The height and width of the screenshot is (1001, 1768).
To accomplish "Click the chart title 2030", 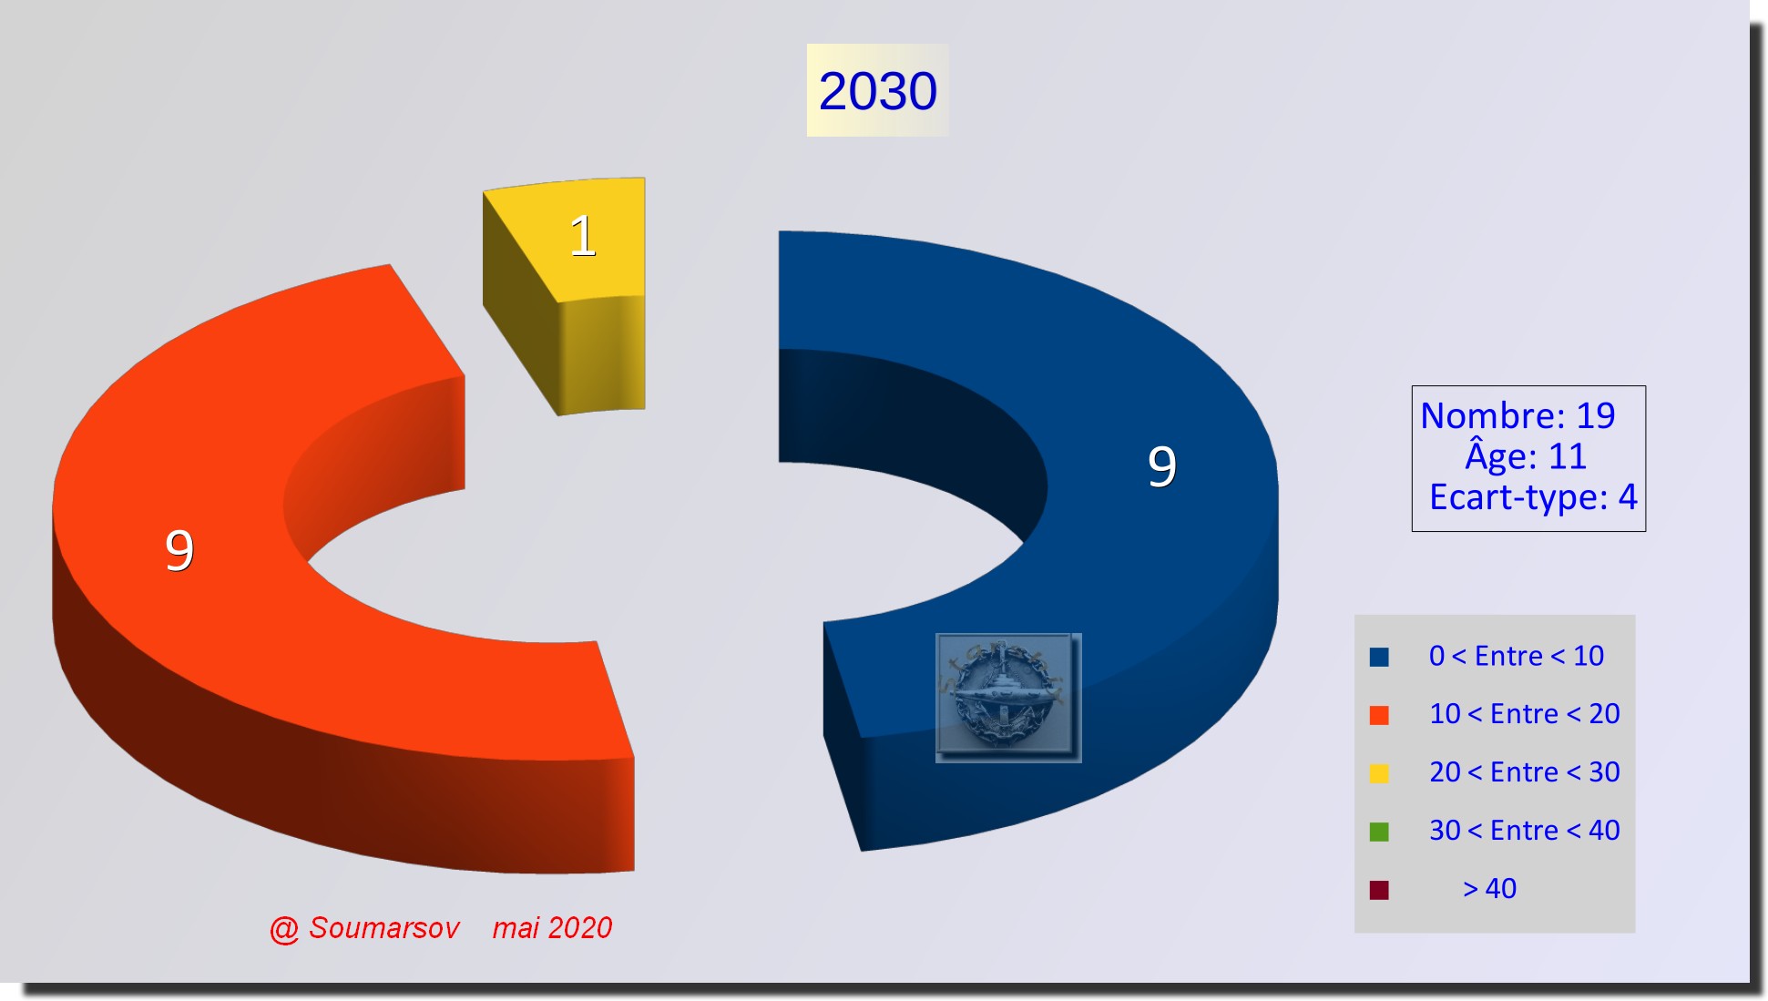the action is point(877,91).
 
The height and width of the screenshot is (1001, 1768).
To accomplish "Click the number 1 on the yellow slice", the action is point(583,236).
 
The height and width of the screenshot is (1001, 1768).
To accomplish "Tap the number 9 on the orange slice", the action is point(179,550).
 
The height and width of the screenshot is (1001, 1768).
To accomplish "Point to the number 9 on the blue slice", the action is point(1162,466).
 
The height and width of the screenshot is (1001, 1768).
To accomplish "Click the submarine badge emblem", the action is point(1008,698).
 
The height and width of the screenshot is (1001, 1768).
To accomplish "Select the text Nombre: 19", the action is point(1518,415).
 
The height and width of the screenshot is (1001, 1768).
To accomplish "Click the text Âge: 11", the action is point(1526,455).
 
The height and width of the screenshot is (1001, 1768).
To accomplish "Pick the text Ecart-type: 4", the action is point(1533,497).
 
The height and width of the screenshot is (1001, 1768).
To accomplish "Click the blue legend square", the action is point(1379,657).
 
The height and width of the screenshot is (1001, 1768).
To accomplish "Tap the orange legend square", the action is point(1379,715).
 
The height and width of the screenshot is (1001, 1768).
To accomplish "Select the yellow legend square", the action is point(1379,773).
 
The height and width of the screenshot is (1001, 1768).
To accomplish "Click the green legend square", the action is point(1379,832).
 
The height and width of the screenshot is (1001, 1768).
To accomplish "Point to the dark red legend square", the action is point(1379,890).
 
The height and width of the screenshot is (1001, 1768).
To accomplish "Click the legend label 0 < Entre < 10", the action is point(1517,656).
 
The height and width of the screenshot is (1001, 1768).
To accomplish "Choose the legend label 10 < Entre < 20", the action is point(1525,714).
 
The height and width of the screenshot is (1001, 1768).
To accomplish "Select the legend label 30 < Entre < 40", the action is point(1525,831).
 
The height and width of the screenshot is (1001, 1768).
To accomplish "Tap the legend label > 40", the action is point(1489,889).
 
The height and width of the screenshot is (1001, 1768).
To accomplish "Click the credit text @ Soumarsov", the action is point(364,928).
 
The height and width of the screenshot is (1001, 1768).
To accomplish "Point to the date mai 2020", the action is point(552,928).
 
